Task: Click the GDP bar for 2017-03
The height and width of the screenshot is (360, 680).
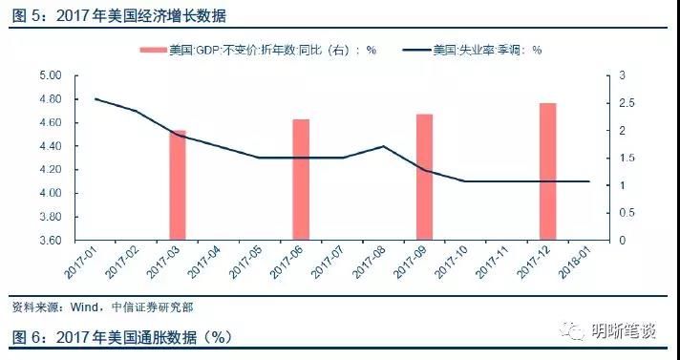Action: pyautogui.click(x=178, y=185)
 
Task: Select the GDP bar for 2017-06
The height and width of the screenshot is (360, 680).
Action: pyautogui.click(x=301, y=180)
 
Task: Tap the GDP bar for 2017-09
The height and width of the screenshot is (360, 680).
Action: pyautogui.click(x=424, y=177)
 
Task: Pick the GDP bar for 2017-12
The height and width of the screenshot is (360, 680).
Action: pyautogui.click(x=547, y=171)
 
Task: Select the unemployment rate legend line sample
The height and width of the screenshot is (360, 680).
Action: pyautogui.click(x=416, y=51)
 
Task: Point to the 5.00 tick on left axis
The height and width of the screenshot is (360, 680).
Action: pyautogui.click(x=49, y=75)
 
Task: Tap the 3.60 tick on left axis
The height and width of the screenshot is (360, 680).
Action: pyautogui.click(x=49, y=241)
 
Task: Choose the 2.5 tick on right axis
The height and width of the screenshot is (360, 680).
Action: pyautogui.click(x=622, y=103)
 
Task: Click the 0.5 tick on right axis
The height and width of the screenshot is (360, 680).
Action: pyautogui.click(x=622, y=213)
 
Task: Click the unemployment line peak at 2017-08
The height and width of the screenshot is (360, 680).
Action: pyautogui.click(x=383, y=146)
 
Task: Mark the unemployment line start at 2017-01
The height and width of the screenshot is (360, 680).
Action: pyautogui.click(x=96, y=98)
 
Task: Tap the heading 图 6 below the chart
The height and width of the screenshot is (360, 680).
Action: pyautogui.click(x=24, y=337)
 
